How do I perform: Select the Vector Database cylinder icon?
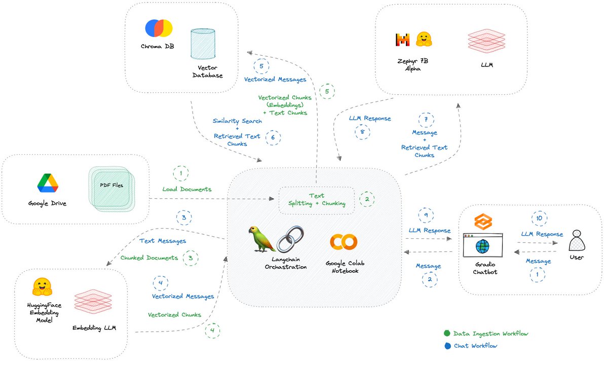click(203, 46)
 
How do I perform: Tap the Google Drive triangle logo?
click(48, 184)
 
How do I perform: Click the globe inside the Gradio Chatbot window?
click(482, 246)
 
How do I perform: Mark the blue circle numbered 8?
click(362, 131)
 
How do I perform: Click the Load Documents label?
click(187, 189)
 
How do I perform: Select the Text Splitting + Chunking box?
click(317, 200)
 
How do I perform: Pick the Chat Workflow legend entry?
click(471, 346)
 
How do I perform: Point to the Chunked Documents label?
click(149, 258)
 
